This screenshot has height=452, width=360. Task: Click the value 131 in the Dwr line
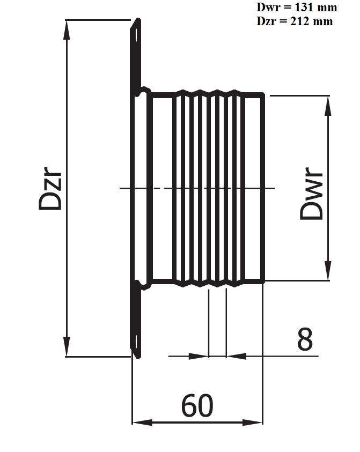click(x=304, y=7)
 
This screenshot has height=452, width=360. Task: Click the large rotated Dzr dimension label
click(x=50, y=188)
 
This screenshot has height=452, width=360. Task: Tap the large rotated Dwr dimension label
click(x=311, y=194)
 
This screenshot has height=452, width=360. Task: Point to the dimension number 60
click(x=197, y=405)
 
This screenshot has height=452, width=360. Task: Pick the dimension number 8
click(x=305, y=339)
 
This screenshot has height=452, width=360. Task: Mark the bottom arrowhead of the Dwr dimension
click(x=328, y=270)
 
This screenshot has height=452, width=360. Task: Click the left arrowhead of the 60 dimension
click(x=142, y=423)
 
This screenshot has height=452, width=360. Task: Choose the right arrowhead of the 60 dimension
click(x=252, y=423)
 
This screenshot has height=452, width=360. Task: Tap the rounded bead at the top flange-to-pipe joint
click(x=143, y=92)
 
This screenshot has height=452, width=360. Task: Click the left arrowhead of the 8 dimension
click(x=199, y=357)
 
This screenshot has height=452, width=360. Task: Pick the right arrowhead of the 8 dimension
click(x=236, y=357)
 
